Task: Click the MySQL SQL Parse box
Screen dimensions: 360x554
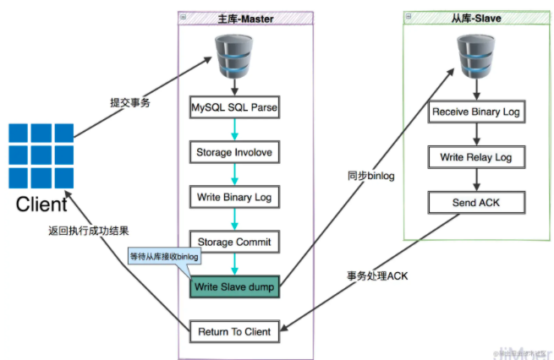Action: tap(233, 109)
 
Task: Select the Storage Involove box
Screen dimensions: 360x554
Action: tap(233, 153)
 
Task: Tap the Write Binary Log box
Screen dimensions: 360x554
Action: tap(233, 197)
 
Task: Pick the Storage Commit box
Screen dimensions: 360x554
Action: tap(233, 242)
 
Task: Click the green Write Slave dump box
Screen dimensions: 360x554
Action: tap(233, 286)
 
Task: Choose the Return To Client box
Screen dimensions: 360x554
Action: tap(233, 331)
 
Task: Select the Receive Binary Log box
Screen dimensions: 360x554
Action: tap(476, 112)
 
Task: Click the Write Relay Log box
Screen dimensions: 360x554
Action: tap(476, 157)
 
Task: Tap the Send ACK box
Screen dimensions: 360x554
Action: tap(476, 202)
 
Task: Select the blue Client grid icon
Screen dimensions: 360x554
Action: tap(40, 155)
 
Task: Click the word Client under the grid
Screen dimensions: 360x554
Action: tap(41, 205)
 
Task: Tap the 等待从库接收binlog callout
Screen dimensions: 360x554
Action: tap(163, 255)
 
